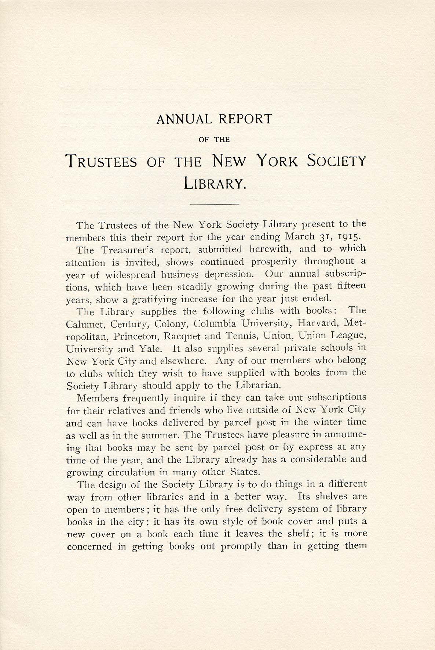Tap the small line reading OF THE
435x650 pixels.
(x=215, y=140)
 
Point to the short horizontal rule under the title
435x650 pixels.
(x=215, y=203)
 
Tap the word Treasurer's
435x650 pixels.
(x=124, y=250)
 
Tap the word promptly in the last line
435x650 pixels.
(x=241, y=546)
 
